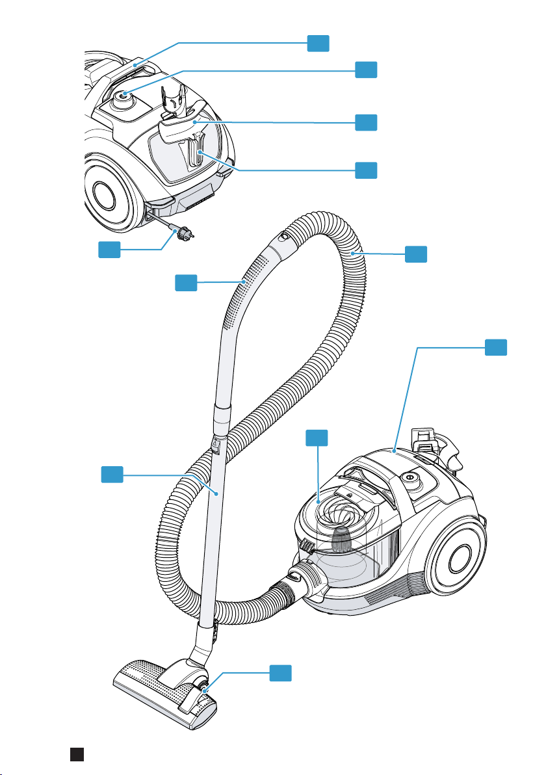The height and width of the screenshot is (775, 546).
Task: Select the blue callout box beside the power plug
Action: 109,249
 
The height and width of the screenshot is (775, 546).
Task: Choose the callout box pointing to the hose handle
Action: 186,282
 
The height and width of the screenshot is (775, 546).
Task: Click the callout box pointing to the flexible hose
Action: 416,254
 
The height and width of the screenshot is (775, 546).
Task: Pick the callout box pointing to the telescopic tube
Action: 112,475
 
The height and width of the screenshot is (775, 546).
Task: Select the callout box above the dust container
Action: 317,438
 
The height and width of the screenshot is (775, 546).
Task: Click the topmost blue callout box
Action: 318,43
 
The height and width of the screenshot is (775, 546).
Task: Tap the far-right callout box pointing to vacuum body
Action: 496,347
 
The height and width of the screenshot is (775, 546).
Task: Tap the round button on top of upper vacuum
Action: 122,98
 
